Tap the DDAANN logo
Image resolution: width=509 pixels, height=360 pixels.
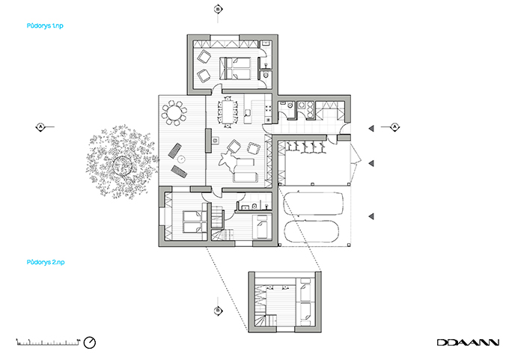(x=468, y=342)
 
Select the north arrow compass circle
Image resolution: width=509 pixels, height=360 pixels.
(x=90, y=342)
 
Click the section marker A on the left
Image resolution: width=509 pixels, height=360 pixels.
(x=40, y=127)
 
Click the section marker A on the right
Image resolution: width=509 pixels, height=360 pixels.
(x=394, y=127)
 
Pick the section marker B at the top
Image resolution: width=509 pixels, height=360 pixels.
(x=218, y=9)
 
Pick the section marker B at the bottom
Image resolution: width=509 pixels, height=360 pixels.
(x=218, y=310)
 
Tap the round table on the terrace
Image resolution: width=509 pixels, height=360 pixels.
(x=175, y=114)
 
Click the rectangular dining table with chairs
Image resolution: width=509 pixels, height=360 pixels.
(x=228, y=112)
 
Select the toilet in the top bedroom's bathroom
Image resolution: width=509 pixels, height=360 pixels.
(x=267, y=75)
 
